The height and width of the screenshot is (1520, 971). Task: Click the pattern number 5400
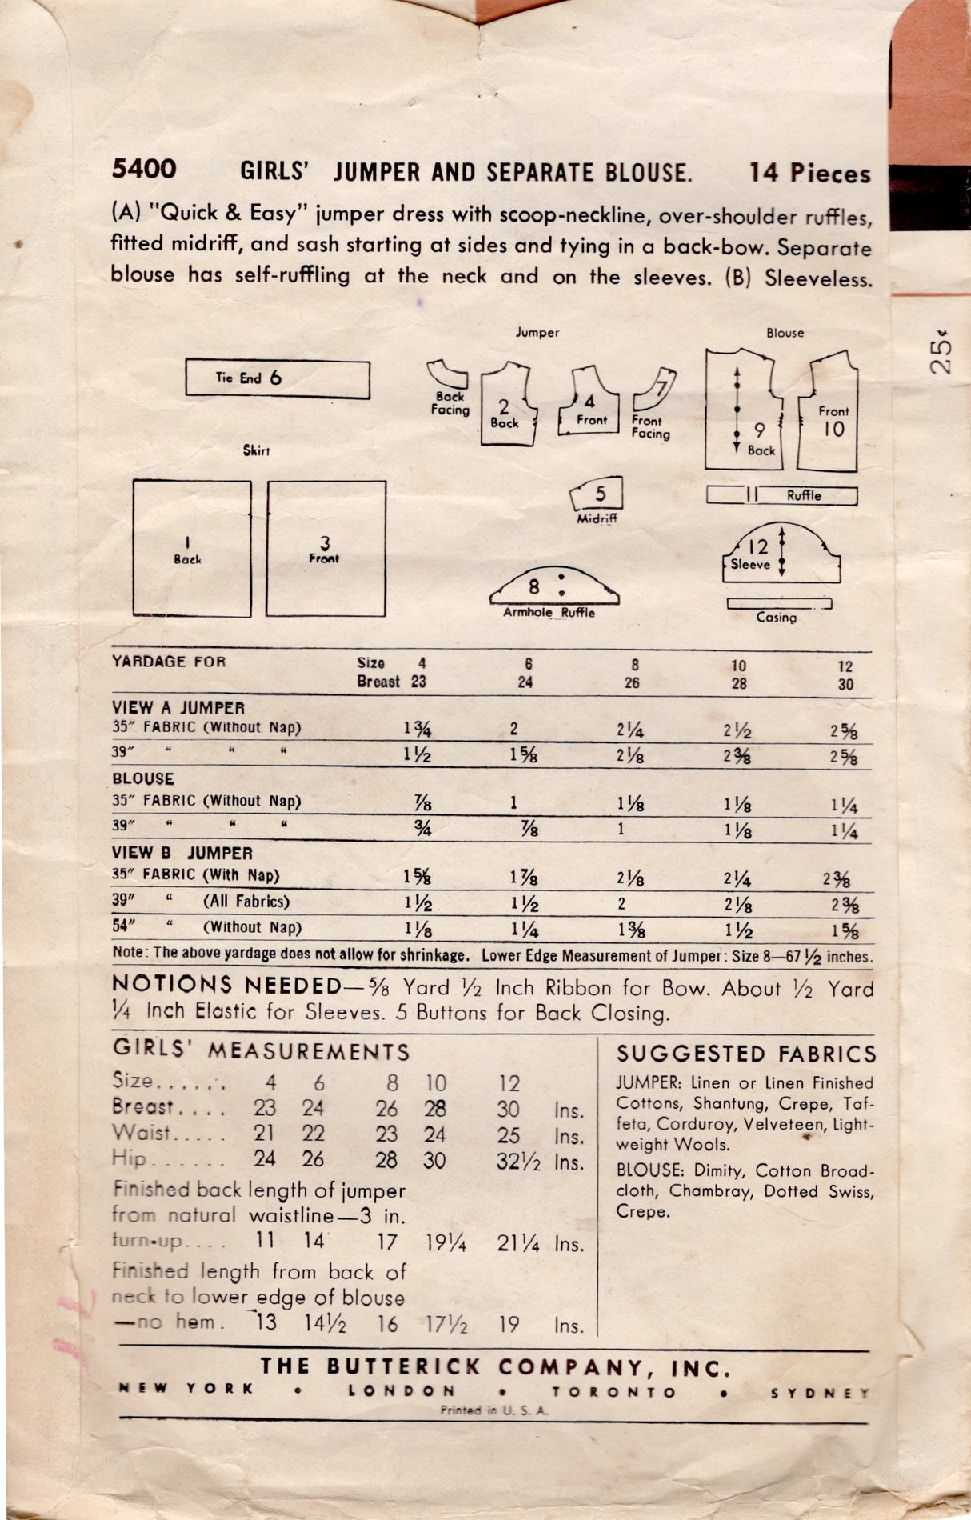tap(144, 170)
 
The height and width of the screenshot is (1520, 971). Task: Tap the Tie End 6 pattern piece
tap(277, 379)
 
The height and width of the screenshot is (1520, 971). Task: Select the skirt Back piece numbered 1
tap(191, 548)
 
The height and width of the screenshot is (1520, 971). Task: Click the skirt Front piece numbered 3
tap(326, 548)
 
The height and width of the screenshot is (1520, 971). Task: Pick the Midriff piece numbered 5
tap(597, 496)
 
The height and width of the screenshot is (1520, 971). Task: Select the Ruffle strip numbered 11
tap(781, 495)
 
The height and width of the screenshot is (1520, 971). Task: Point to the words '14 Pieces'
tap(809, 173)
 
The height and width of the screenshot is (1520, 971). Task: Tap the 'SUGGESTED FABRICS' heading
tap(746, 1054)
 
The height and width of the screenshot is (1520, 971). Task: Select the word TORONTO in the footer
tap(614, 1392)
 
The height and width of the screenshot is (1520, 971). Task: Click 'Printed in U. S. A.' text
tap(493, 1411)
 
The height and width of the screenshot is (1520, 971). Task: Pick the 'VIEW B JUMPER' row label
tap(182, 854)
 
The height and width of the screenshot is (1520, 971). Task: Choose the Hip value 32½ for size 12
tap(517, 1162)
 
